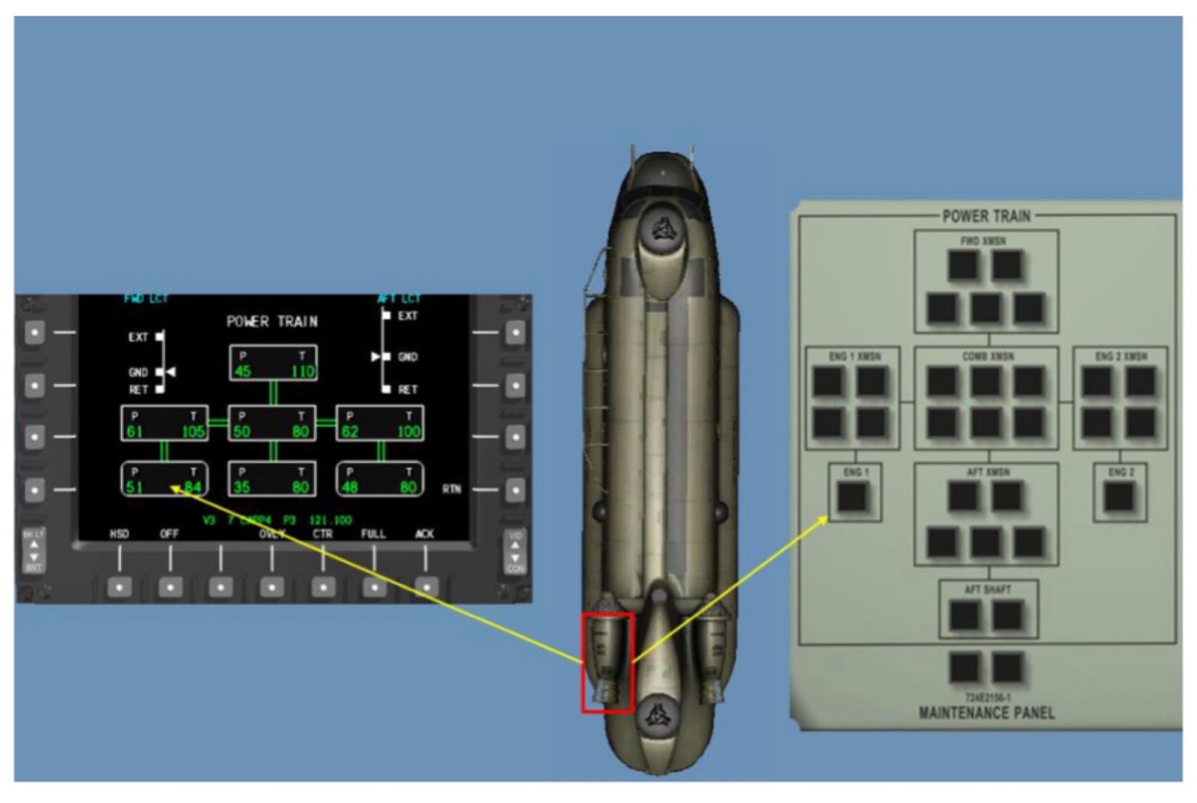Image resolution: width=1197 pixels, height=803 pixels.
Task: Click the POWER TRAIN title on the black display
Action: [272, 322]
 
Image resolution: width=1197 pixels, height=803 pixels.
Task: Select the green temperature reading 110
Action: [301, 371]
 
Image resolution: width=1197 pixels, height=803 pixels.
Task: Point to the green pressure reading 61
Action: [135, 432]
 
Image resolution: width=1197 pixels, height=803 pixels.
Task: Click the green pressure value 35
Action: [242, 488]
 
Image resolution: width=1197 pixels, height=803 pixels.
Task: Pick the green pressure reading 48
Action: [350, 488]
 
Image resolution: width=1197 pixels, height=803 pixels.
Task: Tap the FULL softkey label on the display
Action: [373, 534]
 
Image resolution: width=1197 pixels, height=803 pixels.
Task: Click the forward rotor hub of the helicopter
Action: [660, 231]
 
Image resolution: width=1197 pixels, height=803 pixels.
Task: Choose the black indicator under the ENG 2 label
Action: [1119, 495]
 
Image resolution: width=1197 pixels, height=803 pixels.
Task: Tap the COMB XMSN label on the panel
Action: [987, 355]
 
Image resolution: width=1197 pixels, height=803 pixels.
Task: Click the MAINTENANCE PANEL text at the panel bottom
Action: [987, 713]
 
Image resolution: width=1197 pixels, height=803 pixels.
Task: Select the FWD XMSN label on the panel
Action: [987, 240]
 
